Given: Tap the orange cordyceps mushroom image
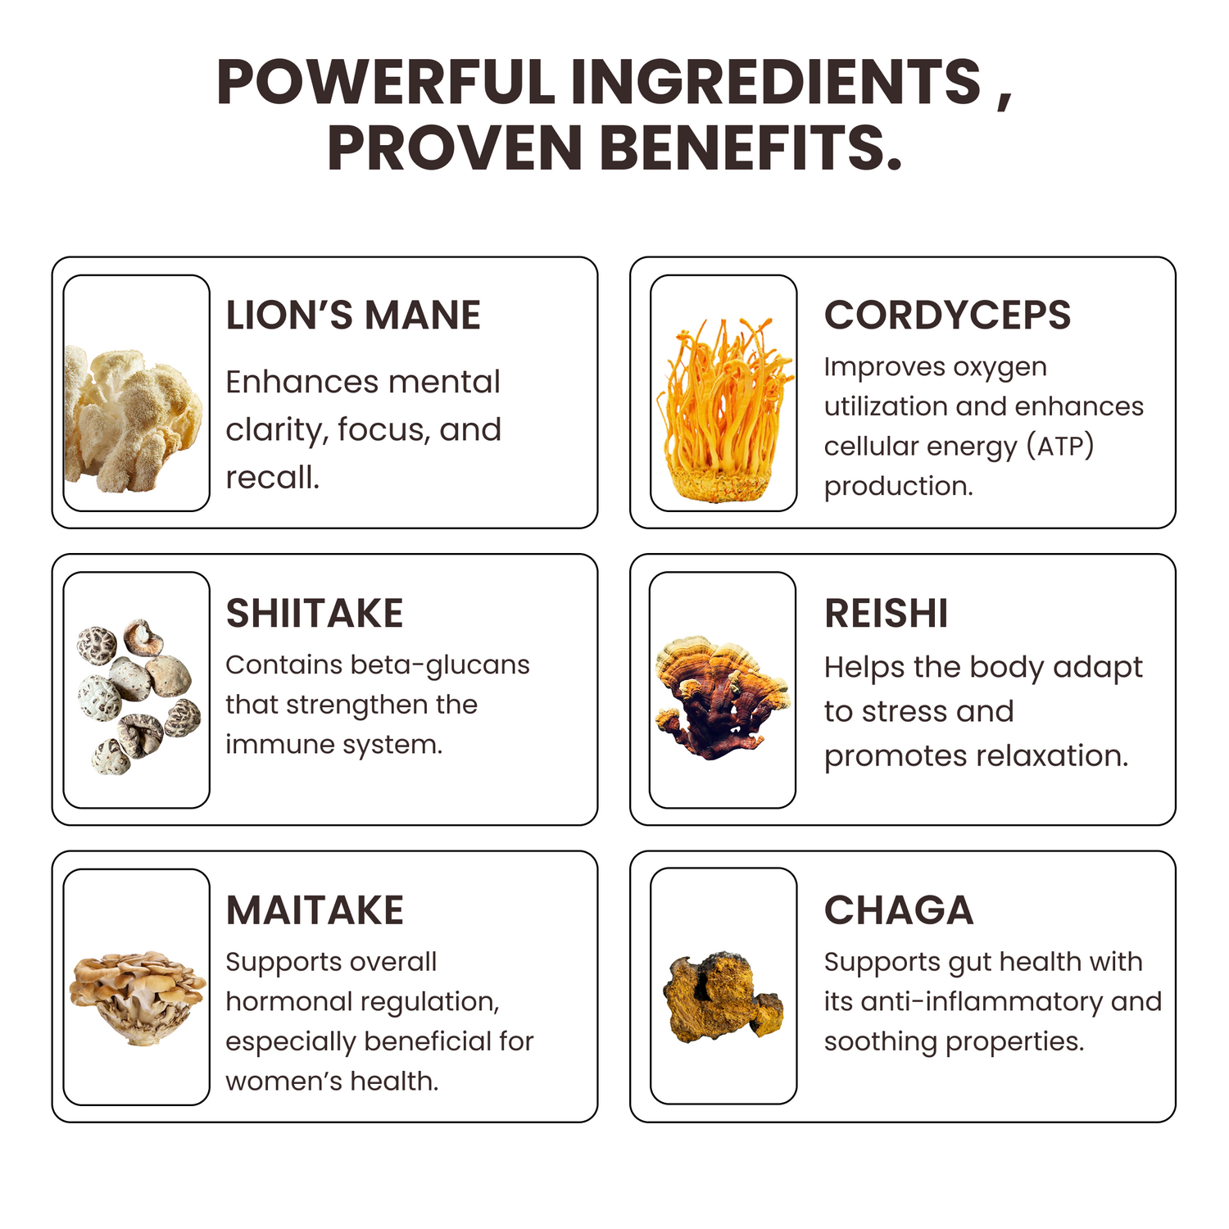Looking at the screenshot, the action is point(723,410).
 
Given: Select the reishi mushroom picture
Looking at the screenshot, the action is point(722,696).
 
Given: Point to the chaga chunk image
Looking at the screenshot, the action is point(723,996).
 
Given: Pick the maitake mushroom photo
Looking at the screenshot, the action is point(137,997).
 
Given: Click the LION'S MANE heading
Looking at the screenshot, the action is point(353,315).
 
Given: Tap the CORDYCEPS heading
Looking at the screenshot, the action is point(947,315).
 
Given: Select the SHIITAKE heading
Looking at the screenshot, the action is point(315,614).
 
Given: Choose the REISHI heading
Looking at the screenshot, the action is point(887,614).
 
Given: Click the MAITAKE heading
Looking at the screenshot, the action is point(315,910).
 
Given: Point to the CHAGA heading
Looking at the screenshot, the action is point(899,910).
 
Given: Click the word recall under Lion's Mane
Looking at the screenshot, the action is point(272,478).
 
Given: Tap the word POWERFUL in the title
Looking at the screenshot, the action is point(386,82).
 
